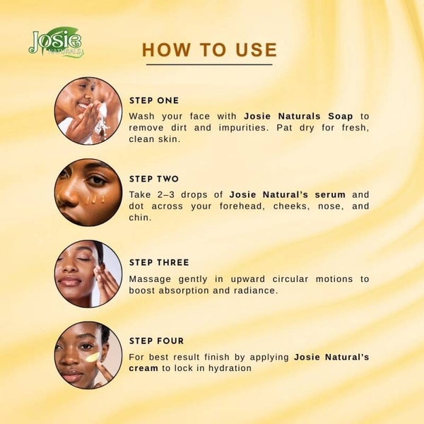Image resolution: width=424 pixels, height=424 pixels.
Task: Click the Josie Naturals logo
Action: (x=57, y=42)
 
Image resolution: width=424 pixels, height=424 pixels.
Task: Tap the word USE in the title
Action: (x=257, y=49)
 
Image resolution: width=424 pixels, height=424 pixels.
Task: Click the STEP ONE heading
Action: (x=154, y=100)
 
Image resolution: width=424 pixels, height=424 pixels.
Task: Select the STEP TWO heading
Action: (x=154, y=179)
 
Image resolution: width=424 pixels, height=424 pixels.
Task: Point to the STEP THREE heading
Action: (x=159, y=263)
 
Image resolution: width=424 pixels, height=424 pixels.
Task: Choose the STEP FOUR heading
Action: (x=156, y=341)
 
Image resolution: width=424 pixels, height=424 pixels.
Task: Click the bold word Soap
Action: (x=340, y=117)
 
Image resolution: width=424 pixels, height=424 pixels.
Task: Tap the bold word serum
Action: (x=330, y=195)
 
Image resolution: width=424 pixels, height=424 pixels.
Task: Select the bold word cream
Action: (x=143, y=368)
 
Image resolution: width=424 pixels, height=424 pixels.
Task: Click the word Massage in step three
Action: (x=150, y=279)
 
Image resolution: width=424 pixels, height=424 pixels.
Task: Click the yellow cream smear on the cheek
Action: (x=93, y=358)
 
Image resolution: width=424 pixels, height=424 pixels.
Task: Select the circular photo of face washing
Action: (x=88, y=111)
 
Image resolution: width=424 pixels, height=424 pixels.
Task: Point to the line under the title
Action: (x=209, y=64)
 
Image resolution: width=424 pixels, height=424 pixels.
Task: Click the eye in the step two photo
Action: (x=97, y=180)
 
